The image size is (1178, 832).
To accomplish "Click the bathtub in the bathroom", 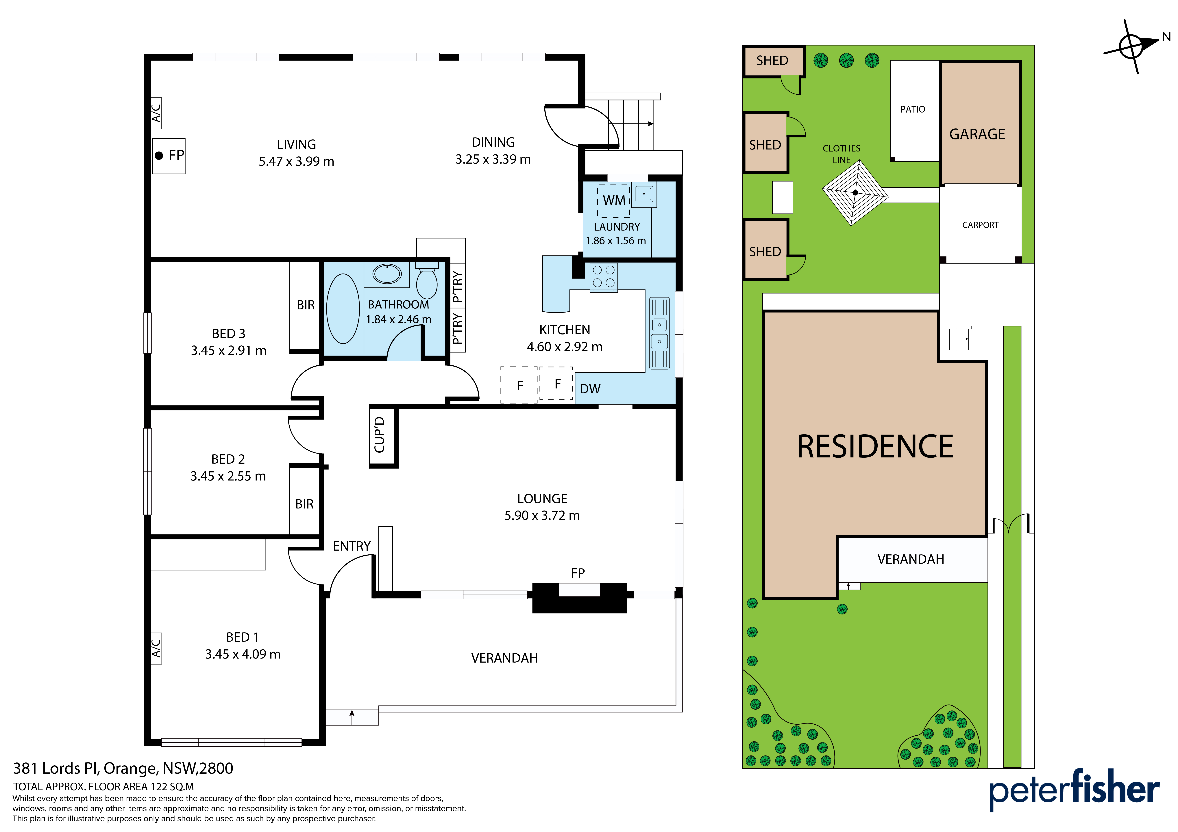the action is click(343, 309).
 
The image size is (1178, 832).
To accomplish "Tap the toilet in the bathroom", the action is click(426, 280).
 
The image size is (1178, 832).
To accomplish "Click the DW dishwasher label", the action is click(590, 389).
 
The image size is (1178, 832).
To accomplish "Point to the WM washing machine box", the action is click(614, 200).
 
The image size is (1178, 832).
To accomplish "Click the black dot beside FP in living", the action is click(159, 155).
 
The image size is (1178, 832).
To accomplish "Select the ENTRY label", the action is click(352, 546).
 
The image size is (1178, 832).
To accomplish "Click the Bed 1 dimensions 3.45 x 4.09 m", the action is click(243, 654).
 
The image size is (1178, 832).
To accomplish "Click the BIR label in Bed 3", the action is click(306, 305).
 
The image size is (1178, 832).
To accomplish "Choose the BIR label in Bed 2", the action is click(304, 504).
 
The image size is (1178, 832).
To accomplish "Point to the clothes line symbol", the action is click(855, 193).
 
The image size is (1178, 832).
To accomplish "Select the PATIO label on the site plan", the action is click(913, 109).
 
